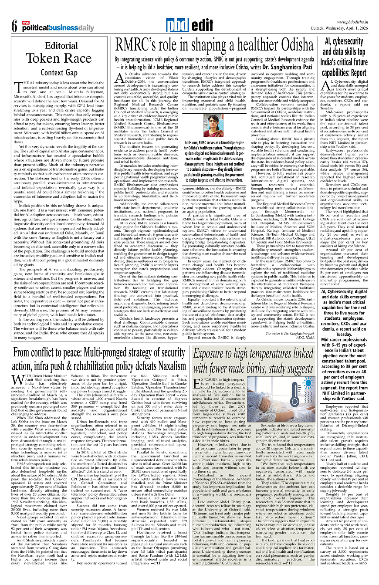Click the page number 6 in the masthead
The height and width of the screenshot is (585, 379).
click(x=15, y=27)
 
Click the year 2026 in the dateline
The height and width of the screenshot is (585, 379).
click(x=369, y=29)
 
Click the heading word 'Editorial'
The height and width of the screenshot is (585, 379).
click(x=62, y=46)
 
